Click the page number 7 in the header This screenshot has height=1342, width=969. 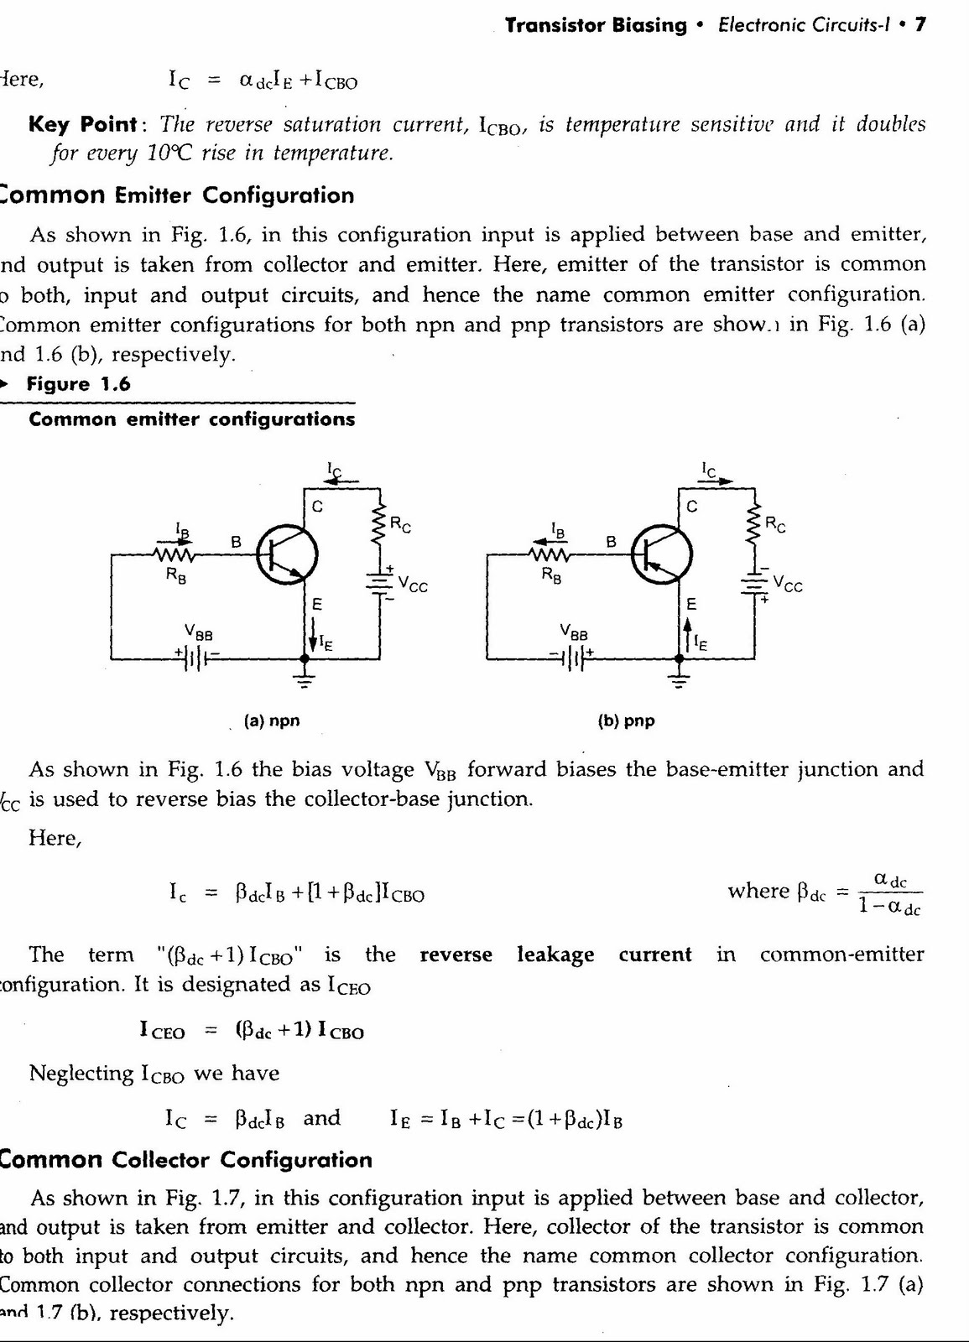pos(920,25)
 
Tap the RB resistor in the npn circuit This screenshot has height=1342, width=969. pos(174,554)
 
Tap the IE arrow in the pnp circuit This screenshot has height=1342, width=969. pos(686,635)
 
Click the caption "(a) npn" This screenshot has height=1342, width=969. pos(271,720)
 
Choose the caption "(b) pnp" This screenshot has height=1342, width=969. pos(626,720)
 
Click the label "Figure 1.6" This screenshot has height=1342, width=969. pos(79,384)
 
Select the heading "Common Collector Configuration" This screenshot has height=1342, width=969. pos(185,1160)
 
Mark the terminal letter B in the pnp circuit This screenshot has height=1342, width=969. pos(612,542)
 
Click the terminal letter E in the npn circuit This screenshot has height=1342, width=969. pos(317,604)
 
